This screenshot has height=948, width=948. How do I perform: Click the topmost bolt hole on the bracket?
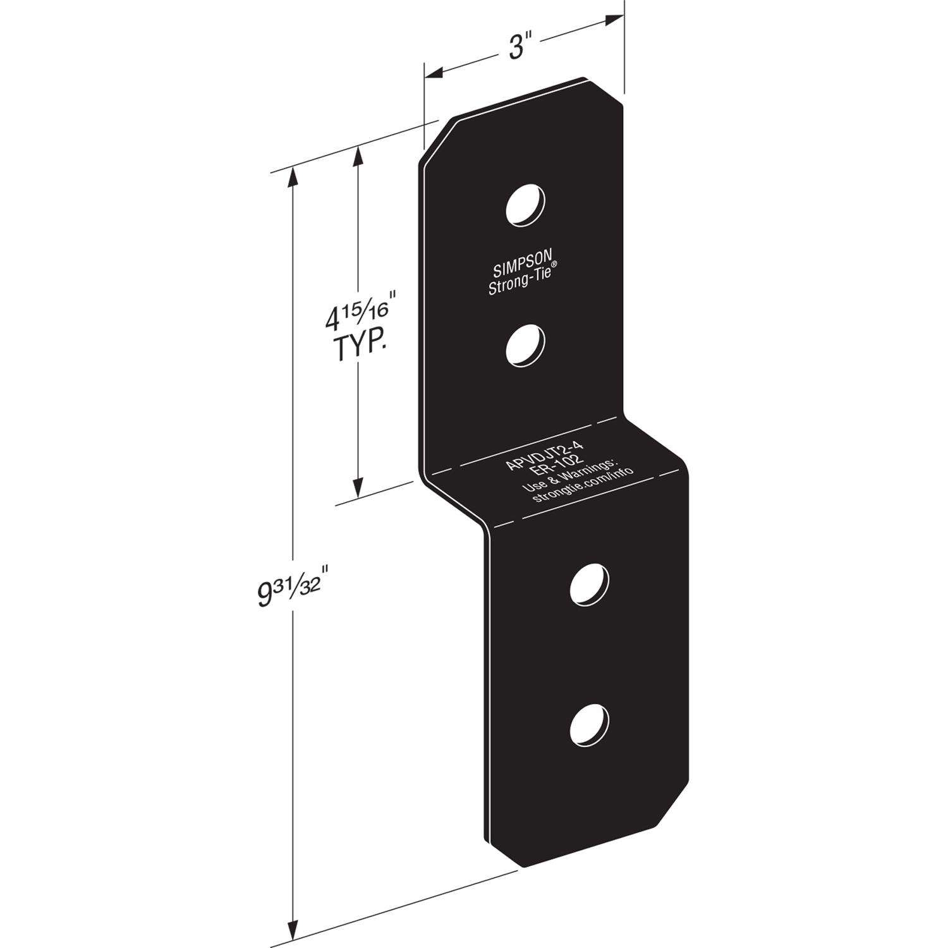pos(526,204)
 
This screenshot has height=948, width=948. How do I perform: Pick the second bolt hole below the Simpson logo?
pos(526,345)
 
